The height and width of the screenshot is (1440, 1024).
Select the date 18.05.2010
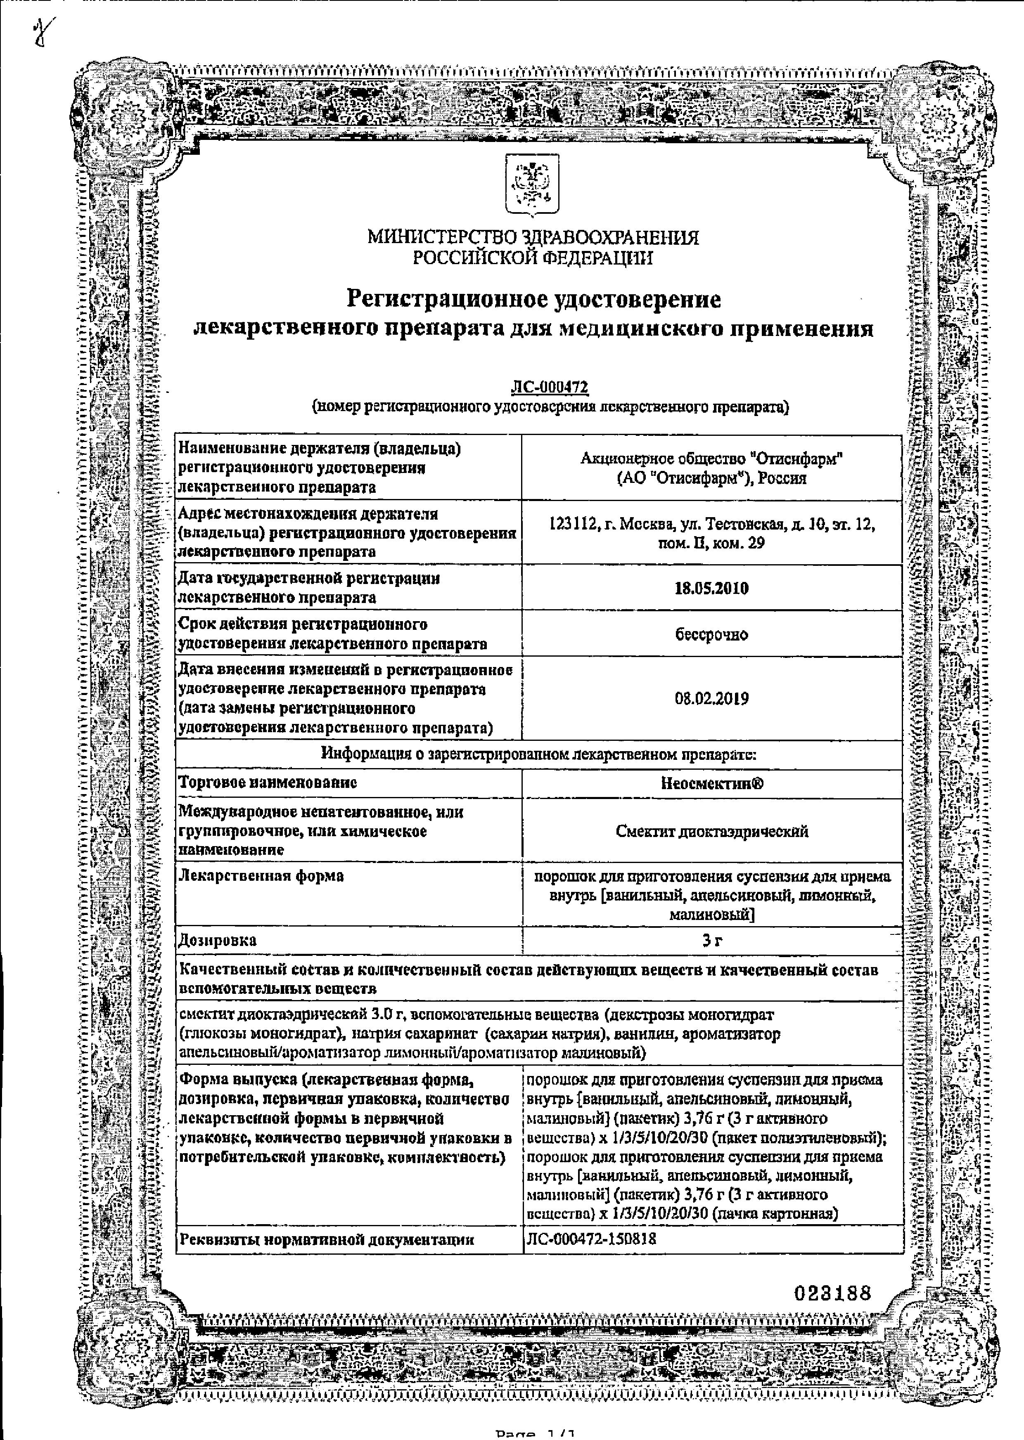(x=711, y=589)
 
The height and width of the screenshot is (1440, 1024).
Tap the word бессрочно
(x=711, y=635)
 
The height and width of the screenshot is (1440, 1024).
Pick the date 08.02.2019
(x=711, y=699)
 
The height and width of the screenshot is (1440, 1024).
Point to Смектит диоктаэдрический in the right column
(x=712, y=831)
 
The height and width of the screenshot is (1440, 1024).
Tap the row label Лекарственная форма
(x=262, y=876)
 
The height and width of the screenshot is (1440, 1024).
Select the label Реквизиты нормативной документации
(x=326, y=1239)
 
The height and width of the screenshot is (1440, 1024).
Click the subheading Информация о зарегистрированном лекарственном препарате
(x=538, y=754)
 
